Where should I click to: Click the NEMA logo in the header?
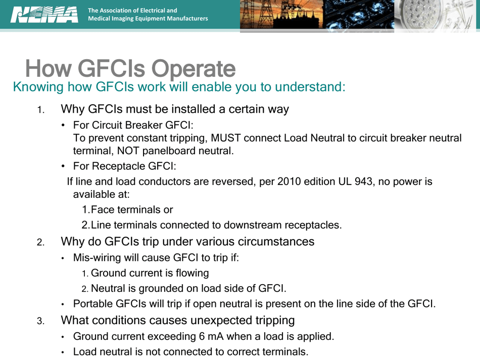(x=44, y=14)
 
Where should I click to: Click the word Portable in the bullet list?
(x=93, y=304)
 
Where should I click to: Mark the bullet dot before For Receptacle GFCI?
(x=63, y=166)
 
